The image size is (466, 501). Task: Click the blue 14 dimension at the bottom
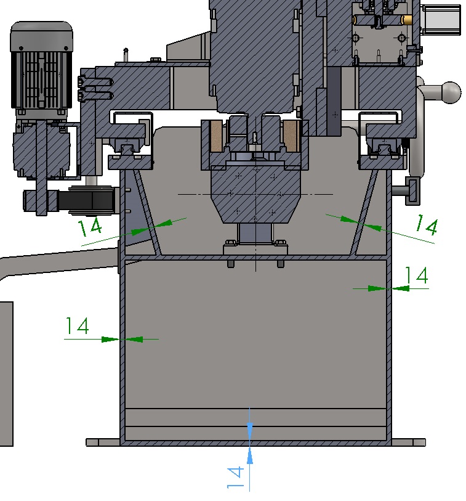point(235,478)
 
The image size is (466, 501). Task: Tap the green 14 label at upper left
point(90,227)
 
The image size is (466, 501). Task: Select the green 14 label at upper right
point(427,225)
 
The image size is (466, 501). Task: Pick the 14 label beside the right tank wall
point(416,275)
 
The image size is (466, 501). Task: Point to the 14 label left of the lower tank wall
point(77,325)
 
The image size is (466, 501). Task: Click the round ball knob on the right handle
point(451,92)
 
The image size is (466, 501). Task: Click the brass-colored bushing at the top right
point(407,20)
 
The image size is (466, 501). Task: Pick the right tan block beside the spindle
point(291,136)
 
